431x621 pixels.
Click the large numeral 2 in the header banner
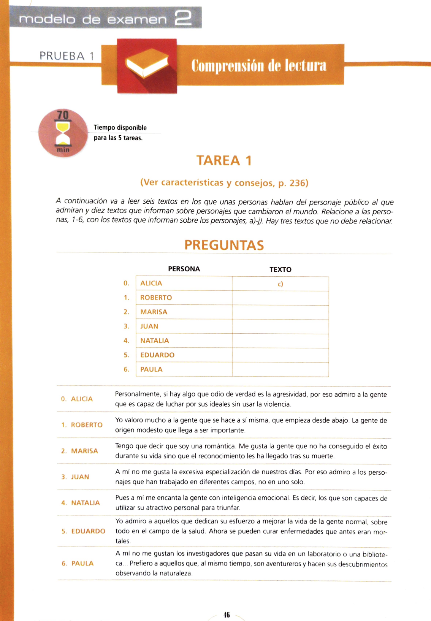point(183,18)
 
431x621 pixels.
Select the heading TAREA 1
point(224,160)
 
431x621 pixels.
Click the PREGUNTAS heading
point(224,245)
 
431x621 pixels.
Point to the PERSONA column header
point(184,269)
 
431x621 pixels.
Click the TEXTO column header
point(280,269)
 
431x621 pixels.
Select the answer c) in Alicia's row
point(280,284)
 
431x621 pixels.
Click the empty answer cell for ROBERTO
point(280,298)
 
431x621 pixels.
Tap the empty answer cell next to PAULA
point(280,369)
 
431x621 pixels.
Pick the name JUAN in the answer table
point(149,326)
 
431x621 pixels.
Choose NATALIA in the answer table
point(155,341)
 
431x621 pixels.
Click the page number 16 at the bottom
point(227,615)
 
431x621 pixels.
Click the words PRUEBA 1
point(67,56)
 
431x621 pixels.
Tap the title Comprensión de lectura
point(259,65)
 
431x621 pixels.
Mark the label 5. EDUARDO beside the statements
point(84,531)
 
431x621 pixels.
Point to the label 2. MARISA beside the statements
point(80,451)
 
